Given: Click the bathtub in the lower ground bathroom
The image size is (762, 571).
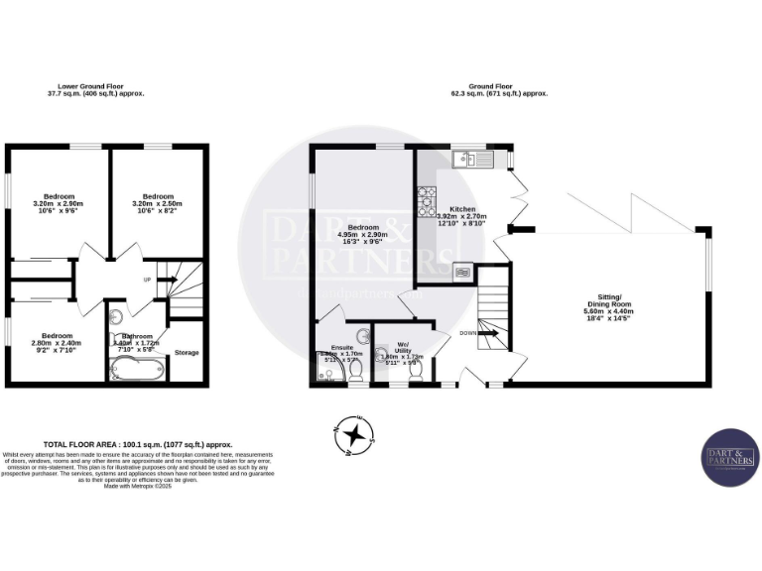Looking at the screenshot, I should [x=137, y=371].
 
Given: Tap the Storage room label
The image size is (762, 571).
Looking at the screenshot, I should [x=187, y=352].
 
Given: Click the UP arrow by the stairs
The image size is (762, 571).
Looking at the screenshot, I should [x=163, y=281].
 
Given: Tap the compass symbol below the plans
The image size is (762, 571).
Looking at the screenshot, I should [x=354, y=434].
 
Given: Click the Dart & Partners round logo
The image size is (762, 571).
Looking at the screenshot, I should [x=730, y=457].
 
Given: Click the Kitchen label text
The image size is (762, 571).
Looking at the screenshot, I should [x=462, y=210].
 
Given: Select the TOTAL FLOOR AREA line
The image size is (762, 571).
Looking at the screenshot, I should [x=138, y=444].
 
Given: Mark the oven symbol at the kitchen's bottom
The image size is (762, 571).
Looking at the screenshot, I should [x=462, y=269].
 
